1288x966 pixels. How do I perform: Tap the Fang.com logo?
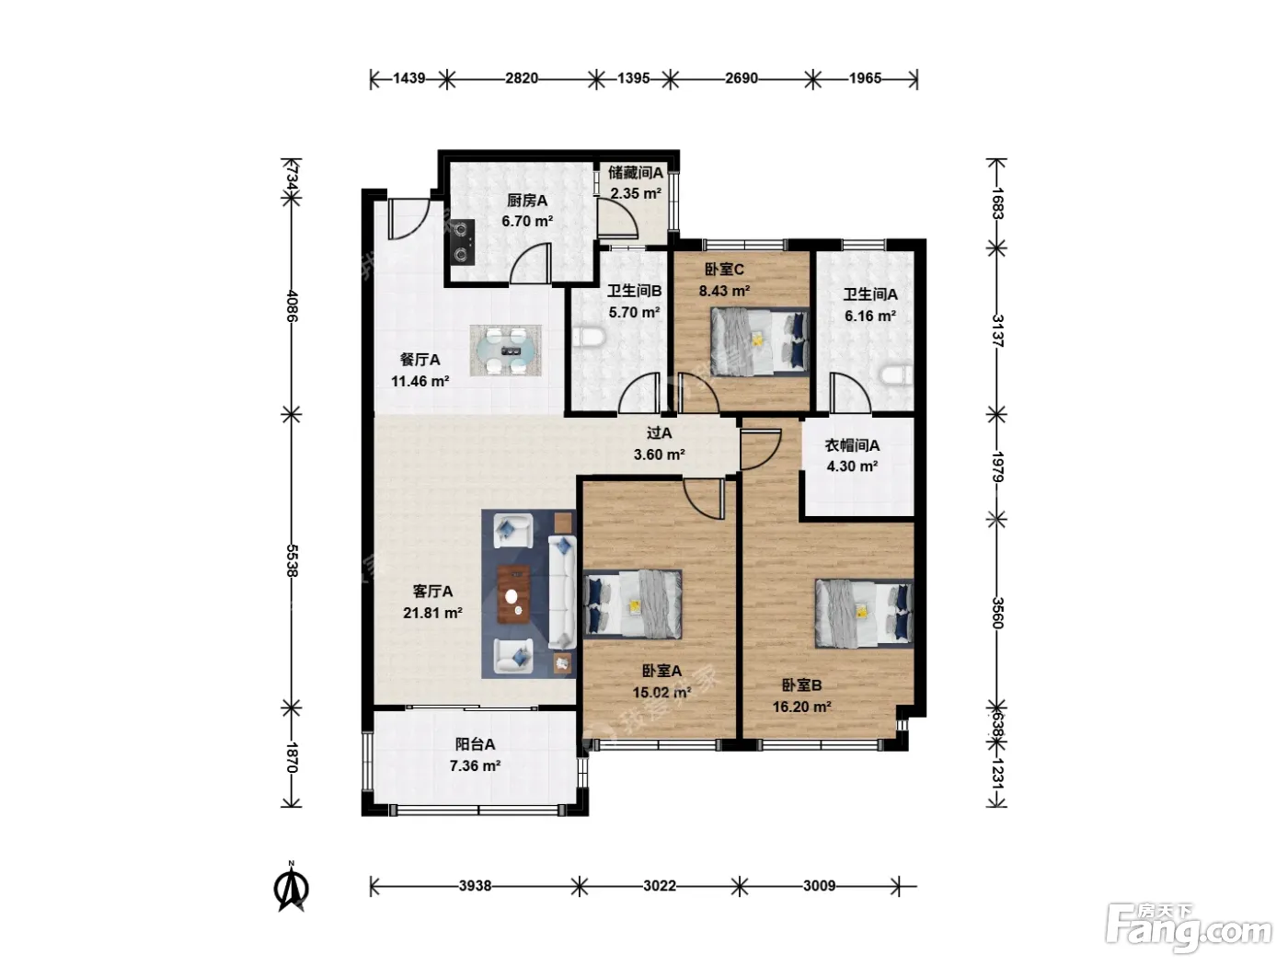tap(1189, 928)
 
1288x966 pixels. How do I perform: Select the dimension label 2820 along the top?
tap(521, 78)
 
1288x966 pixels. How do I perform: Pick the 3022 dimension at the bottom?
tap(659, 886)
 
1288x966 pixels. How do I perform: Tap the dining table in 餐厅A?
tap(505, 351)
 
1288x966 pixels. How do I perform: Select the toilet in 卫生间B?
tap(589, 338)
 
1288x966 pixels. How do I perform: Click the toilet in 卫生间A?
tap(897, 375)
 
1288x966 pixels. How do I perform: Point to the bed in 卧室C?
tap(760, 340)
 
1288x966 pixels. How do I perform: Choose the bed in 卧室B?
tap(864, 613)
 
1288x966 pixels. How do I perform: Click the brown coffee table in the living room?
tap(514, 593)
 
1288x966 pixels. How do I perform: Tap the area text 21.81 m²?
tap(432, 613)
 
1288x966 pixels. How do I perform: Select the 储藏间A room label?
tap(636, 172)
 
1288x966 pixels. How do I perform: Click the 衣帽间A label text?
tap(852, 446)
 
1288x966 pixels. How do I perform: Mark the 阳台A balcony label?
tap(475, 744)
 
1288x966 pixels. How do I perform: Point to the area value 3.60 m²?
tap(659, 454)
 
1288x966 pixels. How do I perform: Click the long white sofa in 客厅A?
tap(562, 592)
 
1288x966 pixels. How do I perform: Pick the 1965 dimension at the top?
tap(865, 78)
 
